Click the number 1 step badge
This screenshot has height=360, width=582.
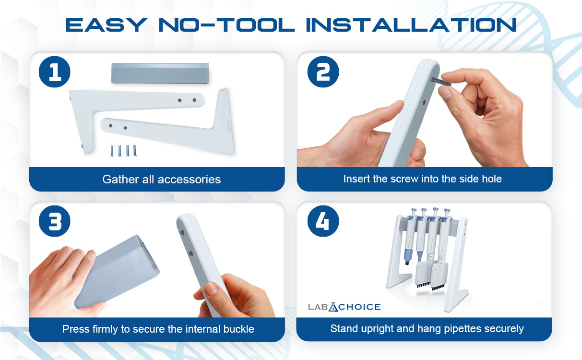click(x=55, y=72)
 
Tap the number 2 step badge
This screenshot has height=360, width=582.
click(x=323, y=72)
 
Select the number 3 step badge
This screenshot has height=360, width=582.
click(x=55, y=221)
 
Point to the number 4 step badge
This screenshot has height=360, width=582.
click(x=323, y=221)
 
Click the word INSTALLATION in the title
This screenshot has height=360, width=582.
click(x=411, y=25)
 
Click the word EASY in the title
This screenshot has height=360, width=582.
click(x=107, y=25)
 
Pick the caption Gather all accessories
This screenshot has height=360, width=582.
click(x=161, y=180)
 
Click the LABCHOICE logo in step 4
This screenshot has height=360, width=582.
click(x=344, y=307)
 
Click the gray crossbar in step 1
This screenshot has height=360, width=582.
click(x=160, y=73)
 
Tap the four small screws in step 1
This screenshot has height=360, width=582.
click(x=123, y=151)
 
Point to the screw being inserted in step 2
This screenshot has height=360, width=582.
click(x=441, y=81)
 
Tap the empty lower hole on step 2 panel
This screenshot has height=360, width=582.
click(x=424, y=102)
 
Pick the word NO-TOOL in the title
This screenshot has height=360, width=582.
click(x=226, y=25)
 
